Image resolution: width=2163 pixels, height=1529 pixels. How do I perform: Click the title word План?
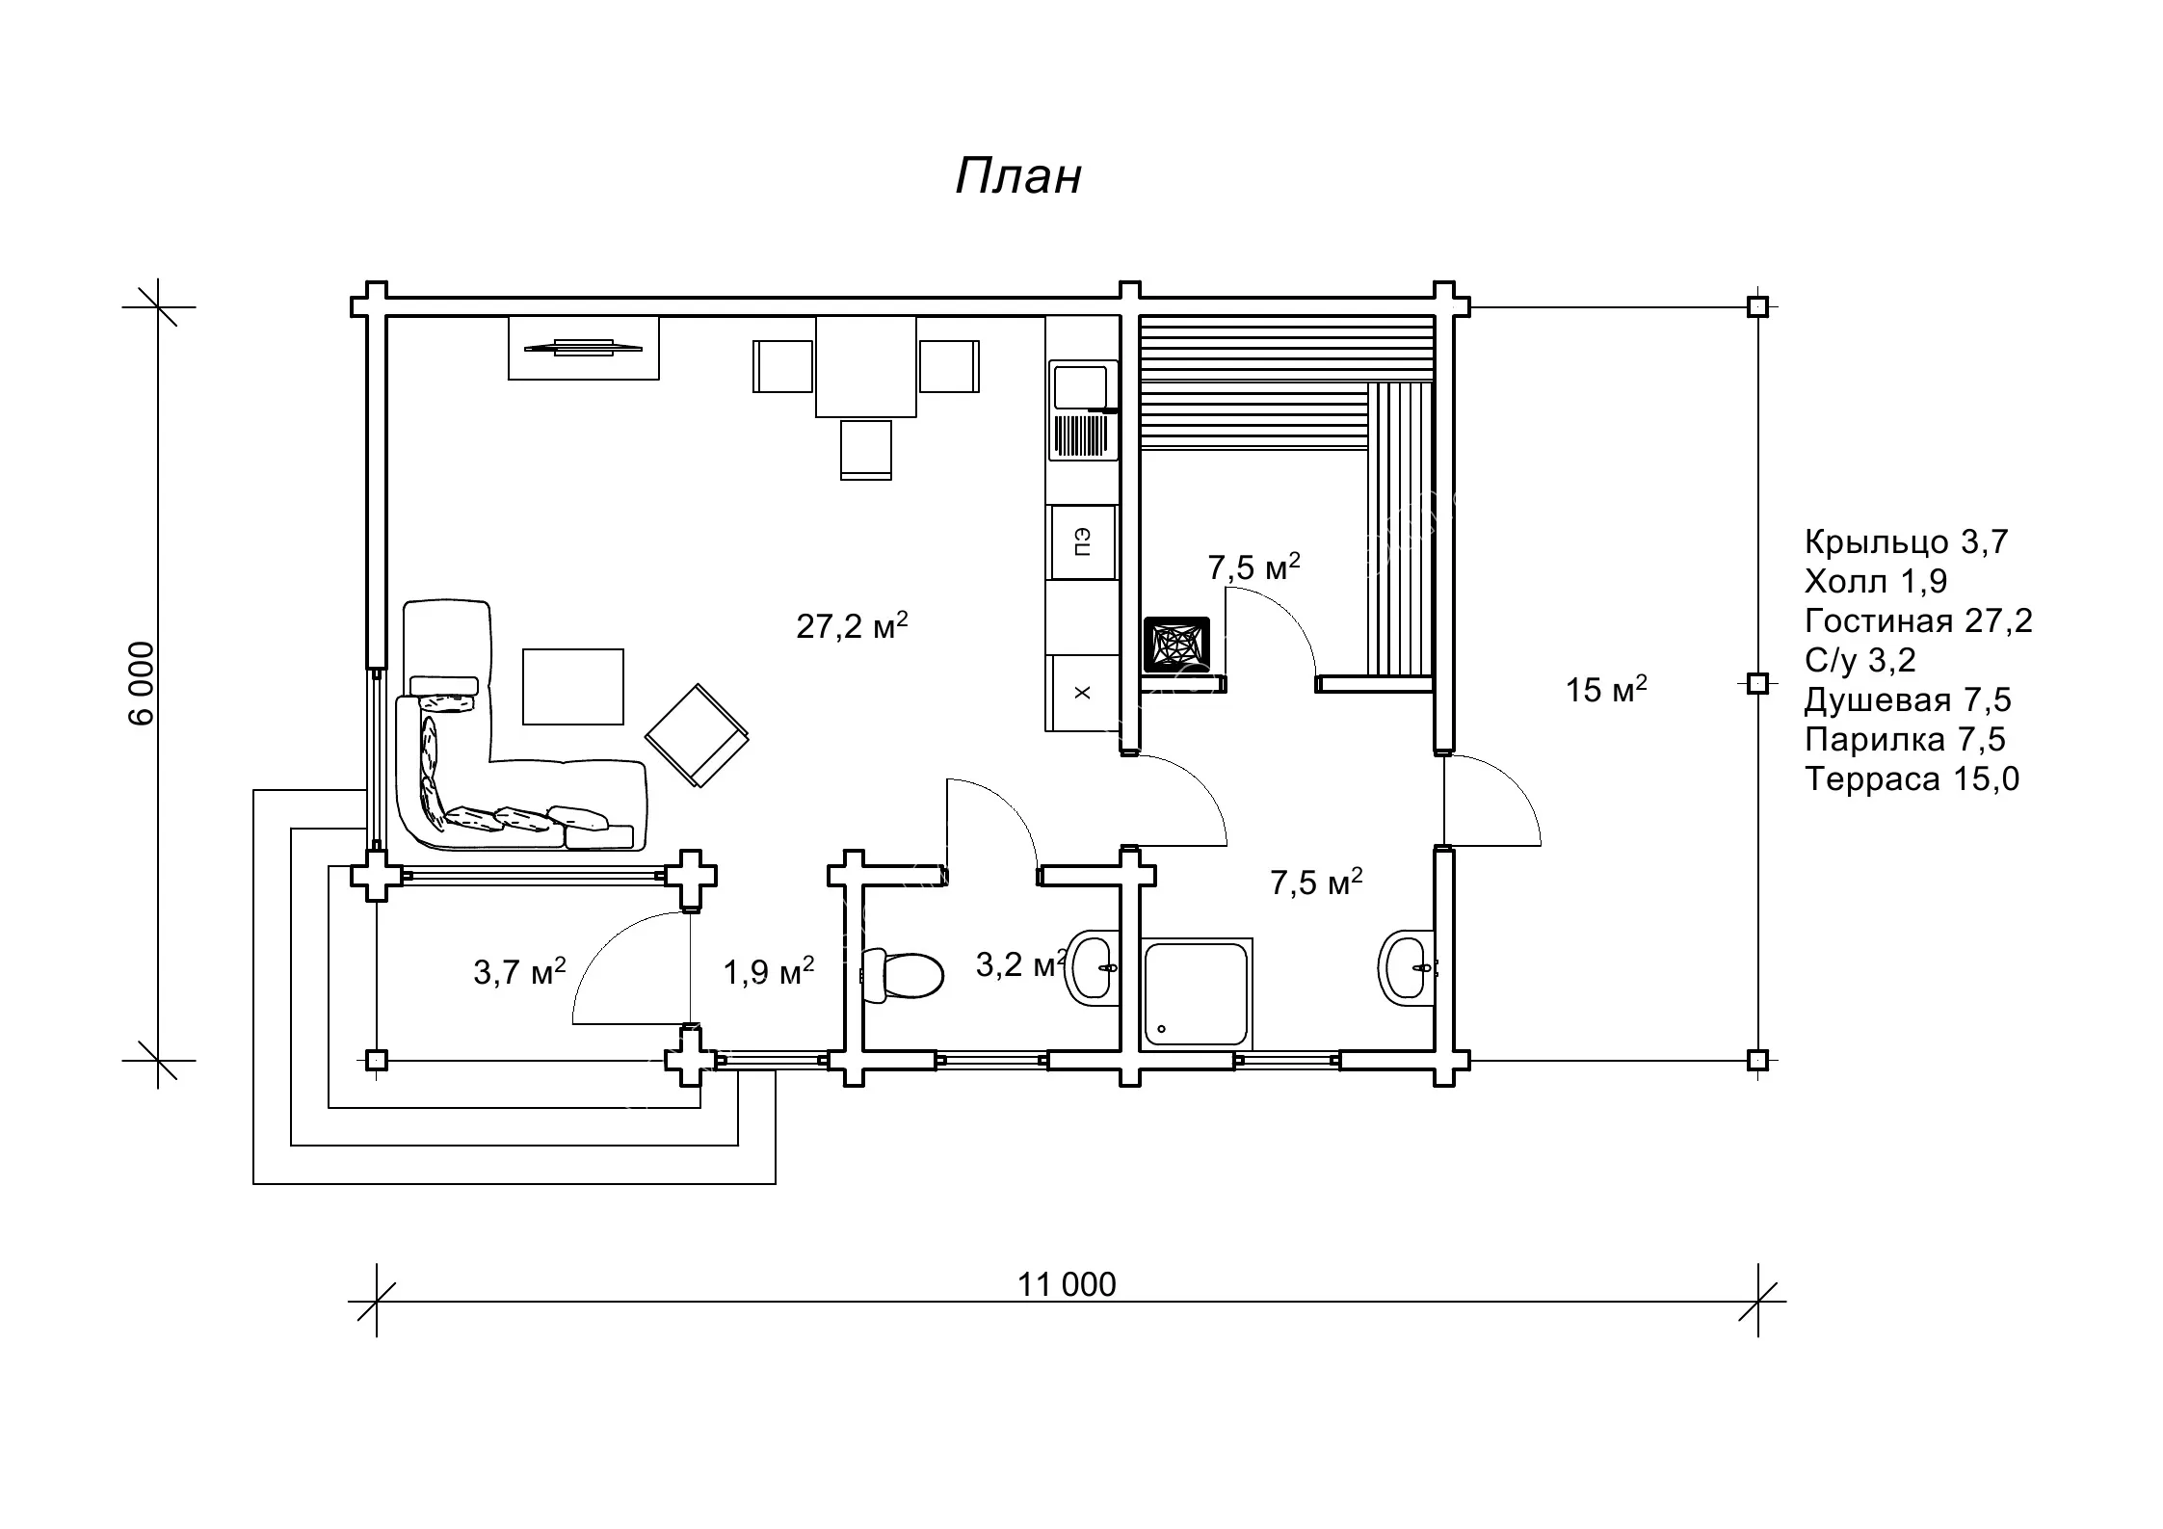click(x=1017, y=176)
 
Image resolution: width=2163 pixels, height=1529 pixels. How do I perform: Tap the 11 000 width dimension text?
click(x=1067, y=1284)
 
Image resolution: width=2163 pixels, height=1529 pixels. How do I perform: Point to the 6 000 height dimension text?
click(x=141, y=683)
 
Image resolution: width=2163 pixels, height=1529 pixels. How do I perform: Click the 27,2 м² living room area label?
click(x=852, y=625)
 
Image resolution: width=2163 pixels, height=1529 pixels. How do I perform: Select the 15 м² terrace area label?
click(x=1606, y=689)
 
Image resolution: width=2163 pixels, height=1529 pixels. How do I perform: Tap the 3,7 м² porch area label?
click(x=519, y=971)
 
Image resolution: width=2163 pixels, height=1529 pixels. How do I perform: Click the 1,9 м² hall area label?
click(x=769, y=971)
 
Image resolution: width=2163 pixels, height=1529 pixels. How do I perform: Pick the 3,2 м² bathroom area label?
click(x=1021, y=963)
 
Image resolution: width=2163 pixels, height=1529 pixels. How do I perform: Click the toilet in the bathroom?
click(x=901, y=976)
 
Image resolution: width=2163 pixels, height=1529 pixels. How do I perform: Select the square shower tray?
click(x=1196, y=993)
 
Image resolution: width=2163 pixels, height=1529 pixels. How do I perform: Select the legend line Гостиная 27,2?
click(x=1917, y=620)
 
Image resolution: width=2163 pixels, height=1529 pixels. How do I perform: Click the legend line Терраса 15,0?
click(x=1912, y=778)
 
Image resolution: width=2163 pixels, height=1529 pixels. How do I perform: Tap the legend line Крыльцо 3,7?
click(x=1906, y=541)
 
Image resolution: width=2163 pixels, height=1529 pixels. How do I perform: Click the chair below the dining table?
click(x=865, y=449)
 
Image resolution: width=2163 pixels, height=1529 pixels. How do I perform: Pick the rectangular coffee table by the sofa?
click(x=573, y=686)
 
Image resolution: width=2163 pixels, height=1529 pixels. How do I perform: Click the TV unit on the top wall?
click(x=584, y=348)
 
